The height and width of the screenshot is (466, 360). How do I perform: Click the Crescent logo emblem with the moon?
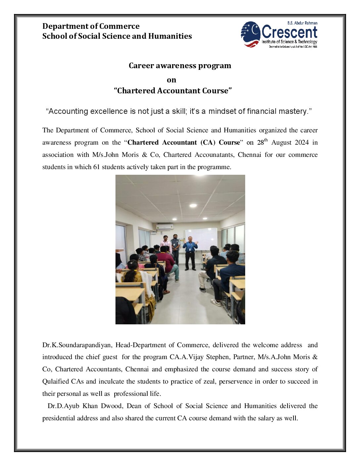(250, 34)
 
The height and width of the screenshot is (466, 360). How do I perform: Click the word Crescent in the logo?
(289, 32)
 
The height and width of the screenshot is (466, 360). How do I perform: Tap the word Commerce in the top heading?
(119, 26)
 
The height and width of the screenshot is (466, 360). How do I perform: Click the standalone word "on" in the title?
(171, 80)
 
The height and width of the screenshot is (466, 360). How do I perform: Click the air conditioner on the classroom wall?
(164, 227)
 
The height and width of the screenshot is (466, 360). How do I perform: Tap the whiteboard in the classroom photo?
(201, 238)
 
